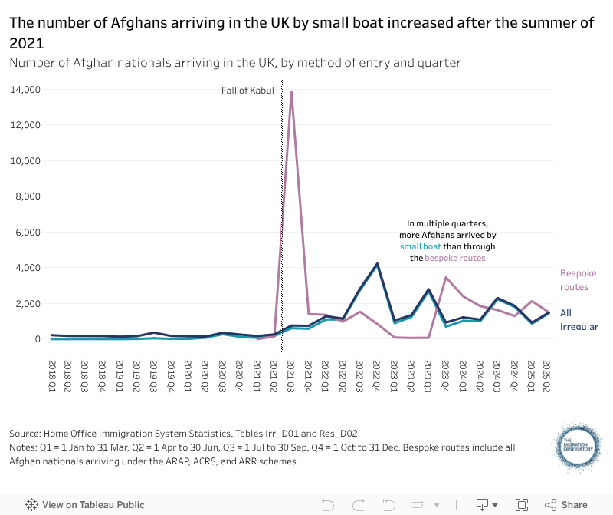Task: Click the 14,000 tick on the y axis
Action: coord(25,90)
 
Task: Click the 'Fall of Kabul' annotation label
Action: coord(247,91)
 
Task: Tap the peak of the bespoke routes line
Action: coord(291,91)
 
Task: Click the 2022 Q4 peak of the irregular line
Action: coord(377,264)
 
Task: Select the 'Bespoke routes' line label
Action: coord(578,280)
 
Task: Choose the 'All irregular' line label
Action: coord(578,320)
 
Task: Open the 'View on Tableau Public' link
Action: coord(85,505)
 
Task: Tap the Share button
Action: coord(566,505)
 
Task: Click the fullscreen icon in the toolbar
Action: coord(521,505)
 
